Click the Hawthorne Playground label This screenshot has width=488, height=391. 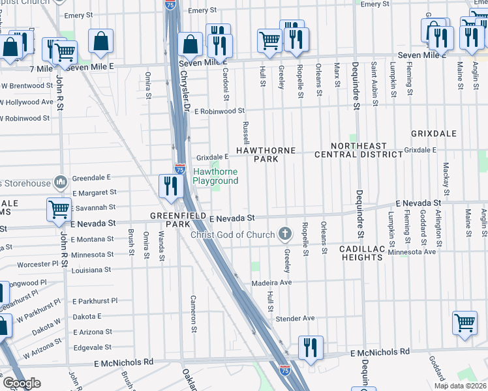pyautogui.click(x=215, y=176)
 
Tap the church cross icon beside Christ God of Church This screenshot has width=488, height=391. pyautogui.click(x=284, y=233)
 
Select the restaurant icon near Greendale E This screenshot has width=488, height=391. pyautogui.click(x=169, y=186)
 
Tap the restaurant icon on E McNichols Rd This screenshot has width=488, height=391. pyautogui.click(x=311, y=347)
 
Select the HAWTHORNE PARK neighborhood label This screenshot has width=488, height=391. pyautogui.click(x=266, y=154)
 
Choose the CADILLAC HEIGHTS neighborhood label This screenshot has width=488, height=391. pyautogui.click(x=361, y=253)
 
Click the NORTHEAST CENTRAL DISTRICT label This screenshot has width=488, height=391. pyautogui.click(x=367, y=150)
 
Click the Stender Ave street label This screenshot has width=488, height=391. pyautogui.click(x=295, y=319)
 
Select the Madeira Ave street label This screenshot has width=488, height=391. pyautogui.click(x=271, y=283)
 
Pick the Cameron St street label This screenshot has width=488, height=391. pyautogui.click(x=193, y=313)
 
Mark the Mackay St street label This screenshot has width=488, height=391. pyautogui.click(x=446, y=179)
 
